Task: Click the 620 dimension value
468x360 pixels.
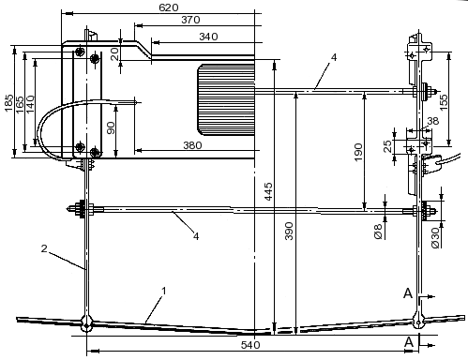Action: point(169,7)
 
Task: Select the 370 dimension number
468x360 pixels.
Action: point(190,20)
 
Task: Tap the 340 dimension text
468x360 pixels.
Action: point(208,37)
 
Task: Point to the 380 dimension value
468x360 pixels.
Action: point(192,145)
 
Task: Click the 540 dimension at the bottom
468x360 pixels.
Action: point(250,345)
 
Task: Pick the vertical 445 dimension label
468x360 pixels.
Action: point(268,192)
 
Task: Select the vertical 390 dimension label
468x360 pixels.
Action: point(290,231)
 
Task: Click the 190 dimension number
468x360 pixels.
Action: point(358,152)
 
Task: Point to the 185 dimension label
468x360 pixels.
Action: point(8,102)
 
